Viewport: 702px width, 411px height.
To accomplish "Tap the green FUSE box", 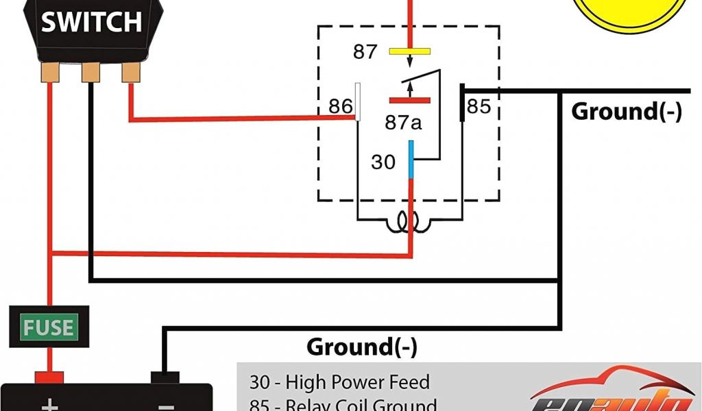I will pos(48,327).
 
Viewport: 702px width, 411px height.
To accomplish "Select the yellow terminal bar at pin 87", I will pos(409,51).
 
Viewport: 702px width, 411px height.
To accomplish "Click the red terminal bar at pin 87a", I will pos(409,100).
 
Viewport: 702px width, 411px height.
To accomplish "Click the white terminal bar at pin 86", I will pos(357,101).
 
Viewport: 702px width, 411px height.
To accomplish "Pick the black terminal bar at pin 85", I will pos(463,103).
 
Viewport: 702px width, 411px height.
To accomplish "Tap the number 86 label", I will pos(340,106).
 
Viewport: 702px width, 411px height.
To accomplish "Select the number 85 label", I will pos(479,106).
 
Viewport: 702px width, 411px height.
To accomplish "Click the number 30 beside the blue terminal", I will pos(383,162).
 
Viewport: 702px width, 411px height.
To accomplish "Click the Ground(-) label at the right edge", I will pos(627,111).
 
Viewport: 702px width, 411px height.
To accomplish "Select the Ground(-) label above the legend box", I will pos(361,347).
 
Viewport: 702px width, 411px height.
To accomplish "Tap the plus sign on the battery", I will pos(49,405).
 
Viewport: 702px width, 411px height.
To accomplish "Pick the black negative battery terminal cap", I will pos(165,377).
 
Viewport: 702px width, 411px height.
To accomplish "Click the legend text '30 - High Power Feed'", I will pos(339,382).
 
